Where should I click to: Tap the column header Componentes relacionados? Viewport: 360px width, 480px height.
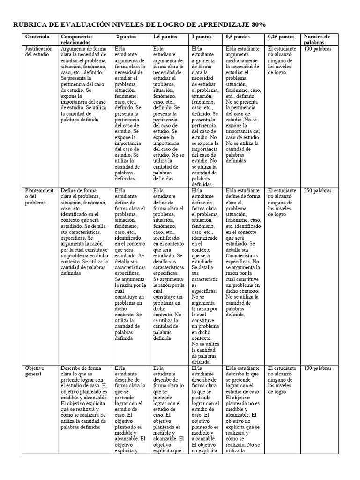[77, 39]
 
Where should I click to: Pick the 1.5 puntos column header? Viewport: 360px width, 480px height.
[165, 37]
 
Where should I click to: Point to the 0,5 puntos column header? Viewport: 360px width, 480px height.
[237, 37]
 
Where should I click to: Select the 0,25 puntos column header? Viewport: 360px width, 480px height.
[281, 37]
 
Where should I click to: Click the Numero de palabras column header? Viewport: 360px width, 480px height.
[317, 39]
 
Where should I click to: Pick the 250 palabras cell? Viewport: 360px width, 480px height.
[318, 191]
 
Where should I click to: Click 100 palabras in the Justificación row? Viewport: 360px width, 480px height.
[318, 49]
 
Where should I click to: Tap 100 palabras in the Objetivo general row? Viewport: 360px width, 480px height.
[318, 368]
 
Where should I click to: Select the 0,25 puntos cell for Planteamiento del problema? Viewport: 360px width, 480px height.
[282, 202]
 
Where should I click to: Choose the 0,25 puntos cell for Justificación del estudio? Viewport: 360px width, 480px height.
[282, 60]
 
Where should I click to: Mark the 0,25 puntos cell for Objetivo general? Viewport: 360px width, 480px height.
[282, 380]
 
